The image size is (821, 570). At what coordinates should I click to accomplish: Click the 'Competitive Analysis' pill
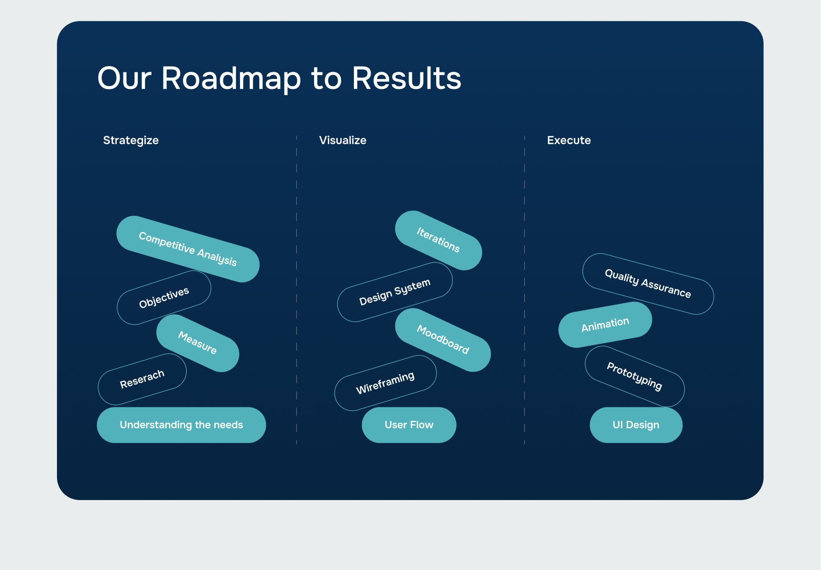coord(188,249)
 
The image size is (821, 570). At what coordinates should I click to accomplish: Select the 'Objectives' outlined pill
coord(164,298)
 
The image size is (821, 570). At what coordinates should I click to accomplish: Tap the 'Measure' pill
coord(198,343)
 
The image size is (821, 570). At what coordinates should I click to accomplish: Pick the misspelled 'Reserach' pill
coord(142,379)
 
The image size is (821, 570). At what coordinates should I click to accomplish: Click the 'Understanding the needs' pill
coord(181,425)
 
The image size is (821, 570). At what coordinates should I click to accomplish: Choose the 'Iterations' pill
coord(438,240)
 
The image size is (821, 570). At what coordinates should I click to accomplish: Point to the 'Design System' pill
coord(395,292)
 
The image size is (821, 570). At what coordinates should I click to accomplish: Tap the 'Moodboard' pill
coord(443,339)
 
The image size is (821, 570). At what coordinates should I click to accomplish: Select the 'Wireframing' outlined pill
coord(385,383)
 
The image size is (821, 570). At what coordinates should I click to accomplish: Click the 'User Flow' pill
coord(409,425)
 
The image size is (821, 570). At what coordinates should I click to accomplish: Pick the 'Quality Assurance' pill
coord(648,284)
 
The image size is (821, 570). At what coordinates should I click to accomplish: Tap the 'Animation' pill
coord(605,325)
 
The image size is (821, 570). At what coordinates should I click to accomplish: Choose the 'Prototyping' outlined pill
coord(635,377)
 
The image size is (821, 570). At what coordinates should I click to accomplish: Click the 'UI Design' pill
coord(636,425)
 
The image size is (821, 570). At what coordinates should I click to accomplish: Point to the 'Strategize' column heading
coord(131,140)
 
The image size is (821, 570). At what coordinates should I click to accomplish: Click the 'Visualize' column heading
coord(343,140)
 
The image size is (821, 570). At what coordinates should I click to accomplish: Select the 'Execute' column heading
coord(569,140)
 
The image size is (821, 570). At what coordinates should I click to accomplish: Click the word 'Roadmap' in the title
coord(231,78)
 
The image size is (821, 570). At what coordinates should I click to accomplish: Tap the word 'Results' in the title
coord(407,78)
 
